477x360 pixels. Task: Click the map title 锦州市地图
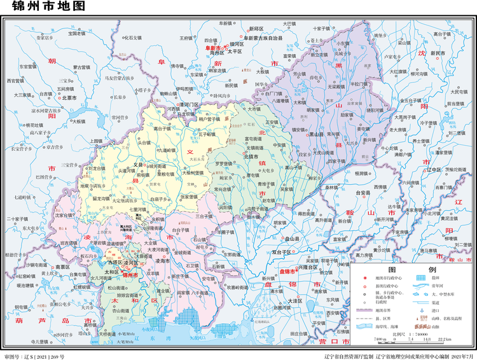click(x=39, y=8)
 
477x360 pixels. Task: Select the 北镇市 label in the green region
click(x=254, y=156)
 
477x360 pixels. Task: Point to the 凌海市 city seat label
click(x=162, y=261)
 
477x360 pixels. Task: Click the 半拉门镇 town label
click(x=357, y=84)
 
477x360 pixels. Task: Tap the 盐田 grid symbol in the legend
click(x=420, y=278)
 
